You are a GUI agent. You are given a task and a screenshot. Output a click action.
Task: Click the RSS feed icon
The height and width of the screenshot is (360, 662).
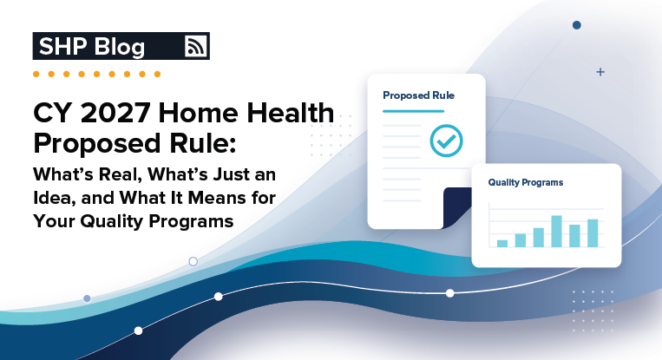pos(196,46)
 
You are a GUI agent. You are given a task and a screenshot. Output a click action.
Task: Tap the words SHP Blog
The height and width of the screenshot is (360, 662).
pos(92,47)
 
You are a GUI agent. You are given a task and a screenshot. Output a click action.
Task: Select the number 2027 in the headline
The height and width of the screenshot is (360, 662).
pos(115,113)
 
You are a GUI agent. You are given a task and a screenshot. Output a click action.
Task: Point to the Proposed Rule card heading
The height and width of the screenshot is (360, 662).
pos(418,95)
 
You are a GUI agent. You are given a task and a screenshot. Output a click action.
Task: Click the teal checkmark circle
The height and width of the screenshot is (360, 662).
pos(446,141)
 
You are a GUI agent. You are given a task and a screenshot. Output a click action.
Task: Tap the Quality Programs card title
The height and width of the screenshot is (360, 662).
pos(526,182)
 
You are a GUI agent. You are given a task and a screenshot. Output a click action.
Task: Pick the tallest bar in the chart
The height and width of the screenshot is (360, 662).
pos(556,232)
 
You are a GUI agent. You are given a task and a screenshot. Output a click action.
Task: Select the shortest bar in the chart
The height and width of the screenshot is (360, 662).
pos(502,244)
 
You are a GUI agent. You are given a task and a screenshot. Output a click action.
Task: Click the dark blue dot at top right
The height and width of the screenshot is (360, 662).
pos(577,25)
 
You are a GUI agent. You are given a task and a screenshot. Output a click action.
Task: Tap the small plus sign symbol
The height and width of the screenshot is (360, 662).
pos(600,72)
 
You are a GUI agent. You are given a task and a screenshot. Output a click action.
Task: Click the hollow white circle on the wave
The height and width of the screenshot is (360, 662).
pos(193,261)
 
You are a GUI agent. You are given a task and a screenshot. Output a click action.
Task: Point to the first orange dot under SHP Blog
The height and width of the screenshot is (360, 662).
pos(36,75)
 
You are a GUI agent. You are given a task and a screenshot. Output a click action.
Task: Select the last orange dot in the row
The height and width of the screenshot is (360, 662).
pos(158,75)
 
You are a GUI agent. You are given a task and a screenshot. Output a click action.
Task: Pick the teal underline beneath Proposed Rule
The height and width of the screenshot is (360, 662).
pos(414,111)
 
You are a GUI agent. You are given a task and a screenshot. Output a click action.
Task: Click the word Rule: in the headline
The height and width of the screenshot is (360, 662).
pos(203,143)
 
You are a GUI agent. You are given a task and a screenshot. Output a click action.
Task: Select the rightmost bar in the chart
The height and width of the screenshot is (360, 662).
pos(593,233)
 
